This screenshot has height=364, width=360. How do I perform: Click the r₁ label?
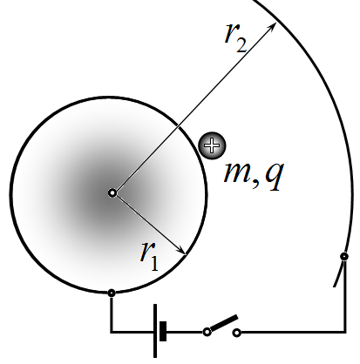click(x=150, y=258)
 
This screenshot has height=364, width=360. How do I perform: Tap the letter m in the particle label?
click(x=237, y=173)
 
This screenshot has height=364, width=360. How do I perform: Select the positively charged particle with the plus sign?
click(x=212, y=145)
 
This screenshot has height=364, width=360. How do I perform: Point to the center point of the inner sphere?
click(x=112, y=193)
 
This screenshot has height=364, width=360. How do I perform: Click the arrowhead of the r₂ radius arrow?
click(x=272, y=26)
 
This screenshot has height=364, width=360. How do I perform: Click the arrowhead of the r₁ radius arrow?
click(x=181, y=251)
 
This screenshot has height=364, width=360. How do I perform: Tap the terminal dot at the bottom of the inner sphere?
click(x=112, y=293)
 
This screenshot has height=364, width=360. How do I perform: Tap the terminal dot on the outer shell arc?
click(x=344, y=257)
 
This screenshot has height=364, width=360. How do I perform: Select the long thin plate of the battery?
click(x=155, y=331)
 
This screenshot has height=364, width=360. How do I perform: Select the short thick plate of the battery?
click(x=163, y=331)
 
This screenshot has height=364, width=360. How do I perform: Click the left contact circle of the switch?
click(x=207, y=332)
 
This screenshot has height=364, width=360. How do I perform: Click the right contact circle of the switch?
click(x=237, y=333)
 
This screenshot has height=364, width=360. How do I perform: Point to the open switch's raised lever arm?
click(x=224, y=323)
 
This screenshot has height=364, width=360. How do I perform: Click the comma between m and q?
click(x=255, y=184)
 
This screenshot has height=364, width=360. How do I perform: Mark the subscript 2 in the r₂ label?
click(x=242, y=45)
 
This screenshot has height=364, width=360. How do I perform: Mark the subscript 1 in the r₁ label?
click(x=154, y=264)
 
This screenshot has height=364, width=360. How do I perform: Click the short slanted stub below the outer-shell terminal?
click(x=338, y=274)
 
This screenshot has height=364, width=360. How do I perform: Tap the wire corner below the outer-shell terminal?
click(x=345, y=331)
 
